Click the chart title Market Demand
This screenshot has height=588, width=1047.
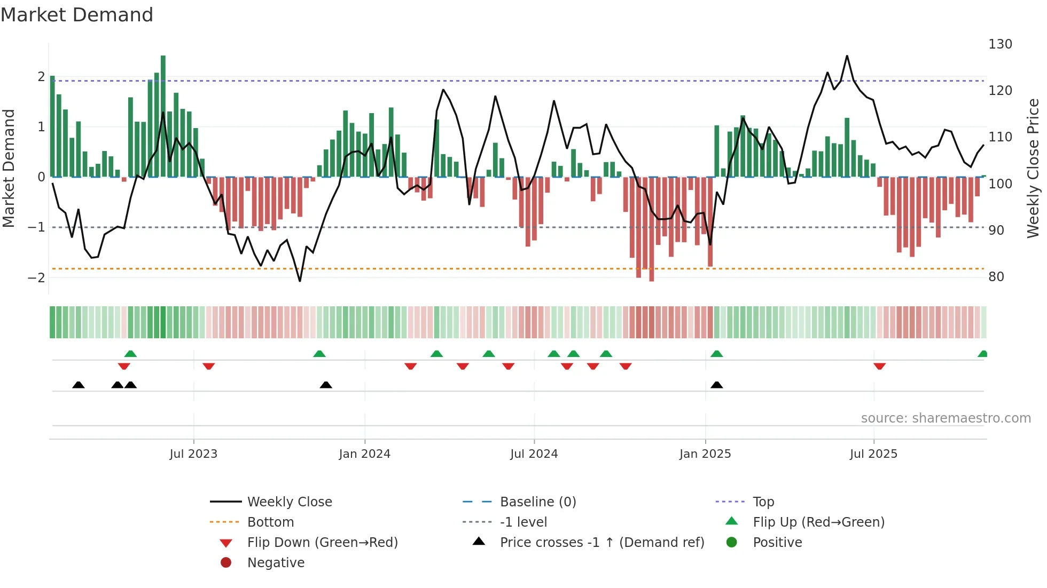(77, 15)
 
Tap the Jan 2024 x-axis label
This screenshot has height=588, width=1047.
(364, 454)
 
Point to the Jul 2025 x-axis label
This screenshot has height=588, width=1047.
(873, 454)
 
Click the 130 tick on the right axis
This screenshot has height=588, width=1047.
(1000, 44)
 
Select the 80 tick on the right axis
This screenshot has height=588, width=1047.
(996, 277)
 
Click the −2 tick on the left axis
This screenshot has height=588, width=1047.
(36, 277)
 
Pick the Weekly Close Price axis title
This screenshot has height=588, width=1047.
(1033, 168)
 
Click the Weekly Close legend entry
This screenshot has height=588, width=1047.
(289, 502)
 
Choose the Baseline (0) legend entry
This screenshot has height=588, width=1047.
(537, 502)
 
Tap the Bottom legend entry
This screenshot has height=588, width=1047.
(270, 522)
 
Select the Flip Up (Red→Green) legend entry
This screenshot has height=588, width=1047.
(818, 522)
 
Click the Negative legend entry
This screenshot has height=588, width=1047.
(276, 563)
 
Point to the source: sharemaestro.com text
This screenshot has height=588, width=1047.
(946, 418)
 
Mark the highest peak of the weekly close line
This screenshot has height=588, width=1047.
(847, 56)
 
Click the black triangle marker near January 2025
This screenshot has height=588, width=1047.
(717, 385)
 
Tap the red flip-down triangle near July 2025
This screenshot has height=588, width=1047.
(880, 366)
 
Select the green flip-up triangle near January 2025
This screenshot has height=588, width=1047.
(717, 354)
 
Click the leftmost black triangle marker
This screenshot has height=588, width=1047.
(79, 385)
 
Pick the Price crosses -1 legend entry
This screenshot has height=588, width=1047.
(601, 543)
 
